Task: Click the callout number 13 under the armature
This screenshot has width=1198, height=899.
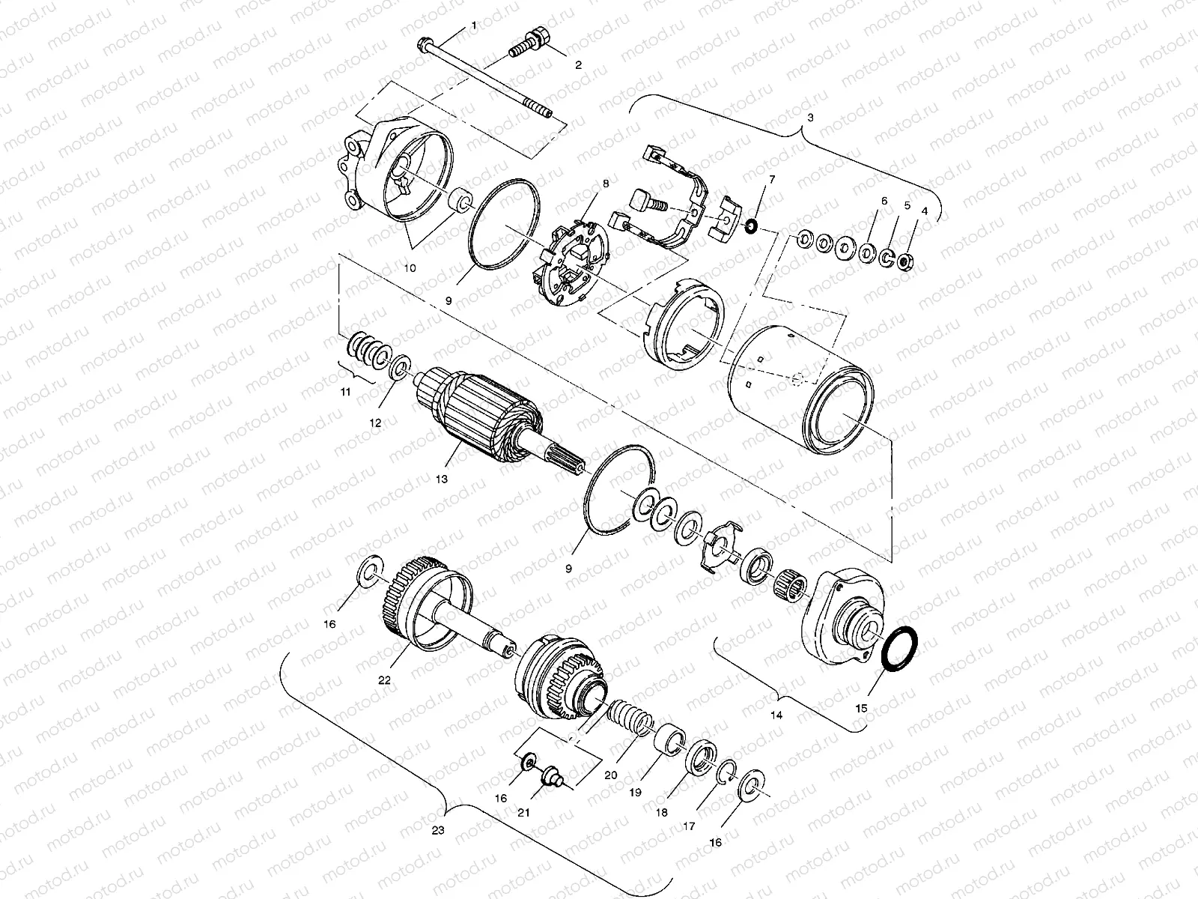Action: [442, 479]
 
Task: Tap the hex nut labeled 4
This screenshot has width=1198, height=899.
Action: [905, 262]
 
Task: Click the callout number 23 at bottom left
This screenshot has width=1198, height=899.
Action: [438, 829]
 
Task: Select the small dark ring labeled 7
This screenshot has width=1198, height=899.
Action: [751, 225]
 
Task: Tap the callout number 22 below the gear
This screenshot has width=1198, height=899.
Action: [384, 680]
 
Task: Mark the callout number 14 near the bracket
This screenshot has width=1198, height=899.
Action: [776, 715]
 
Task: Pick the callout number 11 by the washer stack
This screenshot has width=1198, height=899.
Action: [345, 391]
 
